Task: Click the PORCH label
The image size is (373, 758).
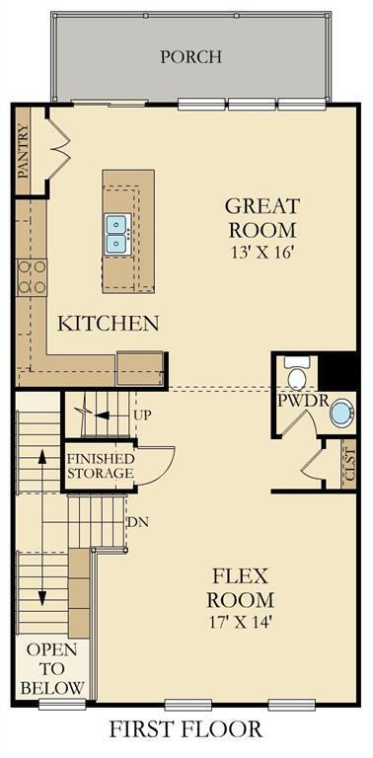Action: [190, 56]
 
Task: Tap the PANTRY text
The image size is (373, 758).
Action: [24, 151]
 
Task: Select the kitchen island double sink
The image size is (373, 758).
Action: [116, 234]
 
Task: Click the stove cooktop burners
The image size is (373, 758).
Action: [32, 277]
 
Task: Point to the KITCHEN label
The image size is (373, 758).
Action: [109, 324]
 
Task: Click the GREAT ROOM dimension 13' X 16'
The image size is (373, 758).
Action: [261, 254]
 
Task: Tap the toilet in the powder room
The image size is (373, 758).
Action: [295, 373]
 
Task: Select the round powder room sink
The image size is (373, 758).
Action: [341, 413]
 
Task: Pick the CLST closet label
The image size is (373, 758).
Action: [349, 464]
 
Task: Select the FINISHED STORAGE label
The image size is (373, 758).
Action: [100, 466]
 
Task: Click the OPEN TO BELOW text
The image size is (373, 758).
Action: [52, 668]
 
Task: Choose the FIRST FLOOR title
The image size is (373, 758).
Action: [186, 729]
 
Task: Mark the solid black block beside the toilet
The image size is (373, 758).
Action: [337, 371]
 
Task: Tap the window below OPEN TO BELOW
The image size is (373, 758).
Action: [62, 704]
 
